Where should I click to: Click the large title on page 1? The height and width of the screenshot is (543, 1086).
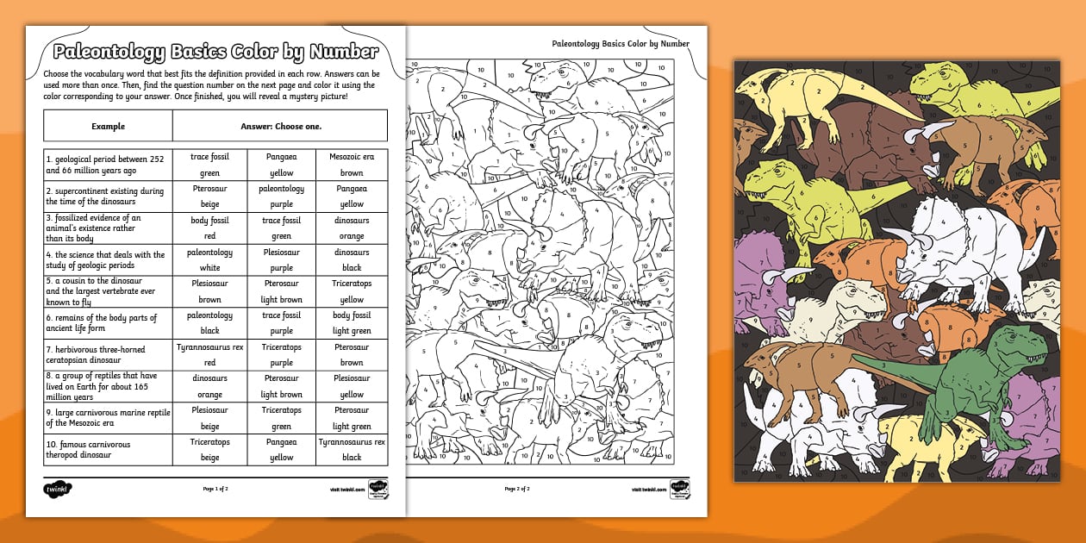(x=215, y=52)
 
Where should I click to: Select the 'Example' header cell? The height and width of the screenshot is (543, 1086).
(x=108, y=126)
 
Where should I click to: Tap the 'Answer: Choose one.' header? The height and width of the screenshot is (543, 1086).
(x=280, y=126)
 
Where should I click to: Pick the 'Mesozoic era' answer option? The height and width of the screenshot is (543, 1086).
(x=352, y=157)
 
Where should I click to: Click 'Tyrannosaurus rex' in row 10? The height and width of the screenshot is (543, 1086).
(x=352, y=441)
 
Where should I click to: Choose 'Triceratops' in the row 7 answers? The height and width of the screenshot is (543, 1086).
(x=281, y=347)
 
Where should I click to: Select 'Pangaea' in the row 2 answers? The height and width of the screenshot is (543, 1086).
(x=352, y=189)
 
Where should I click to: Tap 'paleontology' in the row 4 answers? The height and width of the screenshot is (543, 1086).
(x=209, y=253)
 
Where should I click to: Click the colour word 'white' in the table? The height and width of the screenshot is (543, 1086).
(x=209, y=268)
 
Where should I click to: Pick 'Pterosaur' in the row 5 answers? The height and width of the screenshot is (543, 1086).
(x=281, y=284)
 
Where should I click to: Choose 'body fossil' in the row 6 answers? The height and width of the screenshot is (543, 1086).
(x=352, y=315)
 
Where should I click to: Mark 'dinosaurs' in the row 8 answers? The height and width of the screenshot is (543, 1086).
(x=209, y=378)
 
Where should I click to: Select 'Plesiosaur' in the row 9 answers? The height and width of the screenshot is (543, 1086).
(x=209, y=410)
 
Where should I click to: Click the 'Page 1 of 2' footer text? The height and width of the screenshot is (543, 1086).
(x=215, y=489)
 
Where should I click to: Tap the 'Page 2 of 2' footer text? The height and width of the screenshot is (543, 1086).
(x=517, y=489)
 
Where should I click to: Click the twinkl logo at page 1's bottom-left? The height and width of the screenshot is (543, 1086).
(x=56, y=489)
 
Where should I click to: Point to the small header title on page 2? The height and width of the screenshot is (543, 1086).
(x=621, y=44)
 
